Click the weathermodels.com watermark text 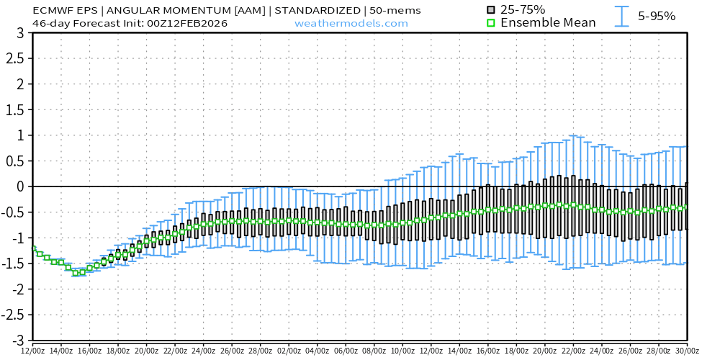[x=351, y=23]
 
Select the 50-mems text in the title [x=395, y=10]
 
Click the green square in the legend [x=491, y=23]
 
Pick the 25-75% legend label [x=523, y=9]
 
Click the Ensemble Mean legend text [x=548, y=23]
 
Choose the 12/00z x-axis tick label [x=32, y=350]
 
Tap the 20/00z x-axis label [x=146, y=350]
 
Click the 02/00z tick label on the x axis [x=289, y=350]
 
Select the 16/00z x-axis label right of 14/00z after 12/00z [x=89, y=350]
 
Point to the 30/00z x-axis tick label [x=687, y=350]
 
